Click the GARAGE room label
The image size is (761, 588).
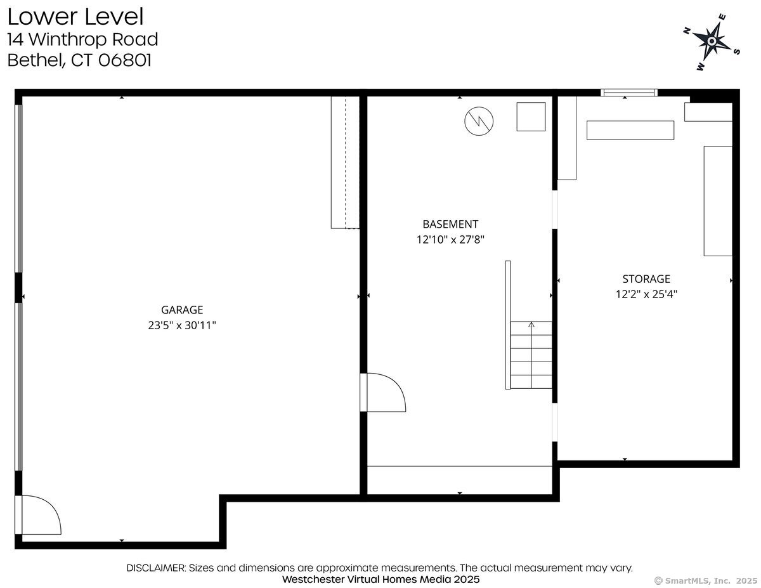point(182,310)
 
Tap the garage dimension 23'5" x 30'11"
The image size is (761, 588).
point(182,325)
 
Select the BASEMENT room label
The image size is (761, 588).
point(450,224)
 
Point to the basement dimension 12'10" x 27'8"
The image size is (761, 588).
point(450,240)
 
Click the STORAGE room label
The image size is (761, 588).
point(646,278)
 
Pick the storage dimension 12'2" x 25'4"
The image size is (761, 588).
point(646,294)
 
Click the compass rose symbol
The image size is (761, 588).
point(712,41)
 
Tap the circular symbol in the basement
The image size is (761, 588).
point(479,121)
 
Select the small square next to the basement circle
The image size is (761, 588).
point(531,117)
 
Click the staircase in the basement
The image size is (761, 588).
point(531,355)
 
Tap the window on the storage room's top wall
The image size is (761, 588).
point(628,93)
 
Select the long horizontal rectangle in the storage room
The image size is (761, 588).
point(630,130)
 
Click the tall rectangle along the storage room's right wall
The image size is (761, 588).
point(718,200)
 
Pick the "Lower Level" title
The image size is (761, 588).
point(75,16)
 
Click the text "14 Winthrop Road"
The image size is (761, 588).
point(82,39)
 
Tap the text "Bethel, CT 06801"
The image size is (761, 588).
point(79,60)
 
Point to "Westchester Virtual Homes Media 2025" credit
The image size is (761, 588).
point(380,579)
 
